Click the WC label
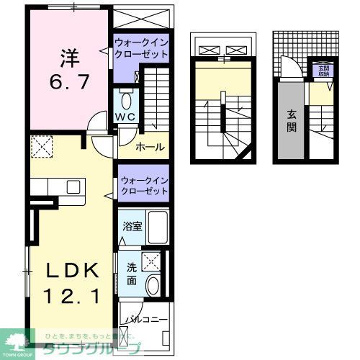point(127,117)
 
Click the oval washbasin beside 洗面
point(153,285)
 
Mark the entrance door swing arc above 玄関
point(289,70)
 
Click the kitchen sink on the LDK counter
point(73,186)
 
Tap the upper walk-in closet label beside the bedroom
point(142,49)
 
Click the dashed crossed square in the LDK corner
point(42,148)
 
